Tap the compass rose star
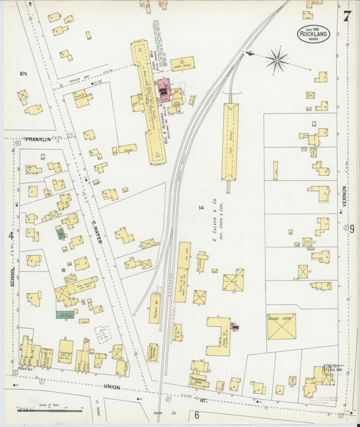(x=276, y=61)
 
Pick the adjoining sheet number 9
(x=351, y=229)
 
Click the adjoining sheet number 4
(x=11, y=235)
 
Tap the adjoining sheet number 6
(x=197, y=414)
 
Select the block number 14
(x=201, y=207)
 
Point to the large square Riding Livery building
(x=281, y=326)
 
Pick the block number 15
(x=63, y=270)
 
